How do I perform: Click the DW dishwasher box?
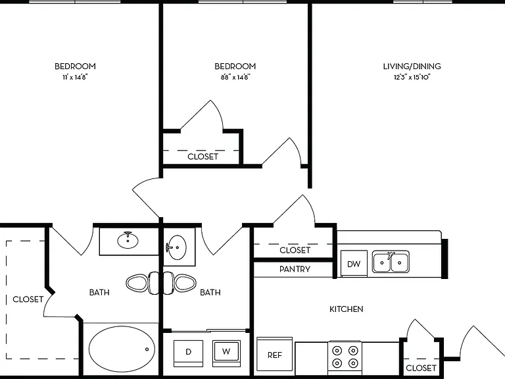pyautogui.click(x=354, y=263)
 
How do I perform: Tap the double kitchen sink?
pyautogui.click(x=391, y=262)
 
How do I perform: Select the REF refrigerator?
pyautogui.click(x=274, y=355)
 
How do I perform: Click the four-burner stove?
pyautogui.click(x=345, y=357)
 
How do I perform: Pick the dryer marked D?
pyautogui.click(x=189, y=353)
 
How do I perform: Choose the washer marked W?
pyautogui.click(x=226, y=353)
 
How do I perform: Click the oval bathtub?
pyautogui.click(x=122, y=349)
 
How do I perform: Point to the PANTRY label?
pyautogui.click(x=295, y=269)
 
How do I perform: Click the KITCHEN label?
pyautogui.click(x=347, y=309)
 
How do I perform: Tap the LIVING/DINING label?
pyautogui.click(x=412, y=66)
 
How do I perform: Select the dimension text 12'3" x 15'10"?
pyautogui.click(x=412, y=78)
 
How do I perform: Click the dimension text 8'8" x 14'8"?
pyautogui.click(x=235, y=78)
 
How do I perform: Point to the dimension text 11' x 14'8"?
pyautogui.click(x=75, y=78)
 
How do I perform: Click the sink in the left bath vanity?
pyautogui.click(x=128, y=240)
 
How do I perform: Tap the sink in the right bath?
pyautogui.click(x=176, y=247)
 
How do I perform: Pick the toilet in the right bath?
pyautogui.click(x=179, y=284)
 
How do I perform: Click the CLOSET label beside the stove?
pyautogui.click(x=421, y=368)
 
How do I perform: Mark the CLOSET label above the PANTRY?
pyautogui.click(x=295, y=250)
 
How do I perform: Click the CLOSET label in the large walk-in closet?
pyautogui.click(x=28, y=299)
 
